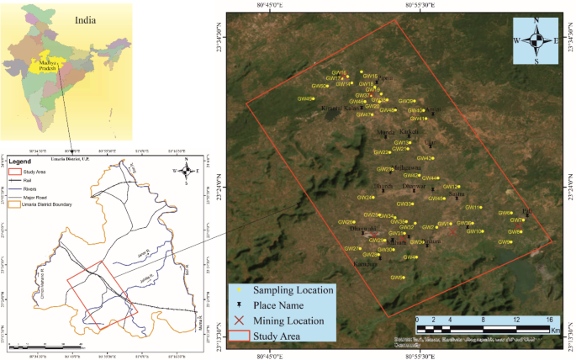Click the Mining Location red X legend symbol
coord(239,320)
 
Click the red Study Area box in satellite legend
coord(239,336)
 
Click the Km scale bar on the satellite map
coord(484,325)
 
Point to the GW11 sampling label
coord(473,207)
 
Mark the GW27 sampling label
coord(352,249)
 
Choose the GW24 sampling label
coord(365,198)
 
